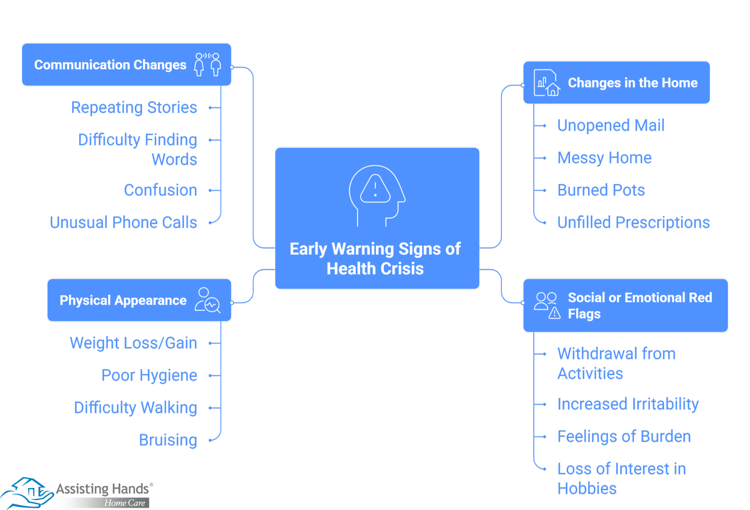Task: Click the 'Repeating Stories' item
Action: [134, 107]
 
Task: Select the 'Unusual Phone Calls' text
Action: [123, 222]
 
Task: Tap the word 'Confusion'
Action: [160, 190]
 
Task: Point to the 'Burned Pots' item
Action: [601, 190]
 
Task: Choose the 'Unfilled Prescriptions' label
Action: [633, 222]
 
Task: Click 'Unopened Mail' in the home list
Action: [611, 125]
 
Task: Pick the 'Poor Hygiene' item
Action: [149, 375]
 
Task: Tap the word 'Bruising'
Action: [168, 440]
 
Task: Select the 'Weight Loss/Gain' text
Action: [133, 343]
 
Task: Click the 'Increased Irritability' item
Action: [628, 404]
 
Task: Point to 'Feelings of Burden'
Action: [624, 437]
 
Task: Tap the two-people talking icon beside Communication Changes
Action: [208, 64]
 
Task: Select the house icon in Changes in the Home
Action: [547, 83]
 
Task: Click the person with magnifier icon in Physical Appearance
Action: [207, 300]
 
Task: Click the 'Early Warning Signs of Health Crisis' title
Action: [375, 258]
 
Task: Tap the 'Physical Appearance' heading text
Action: [123, 300]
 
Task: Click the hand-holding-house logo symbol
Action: [27, 492]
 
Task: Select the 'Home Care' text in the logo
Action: [125, 503]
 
